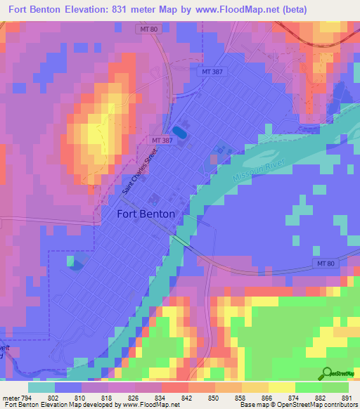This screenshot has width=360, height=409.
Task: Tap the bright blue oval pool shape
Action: click(179, 131)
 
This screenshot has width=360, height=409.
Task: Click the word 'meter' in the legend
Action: click(11, 398)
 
